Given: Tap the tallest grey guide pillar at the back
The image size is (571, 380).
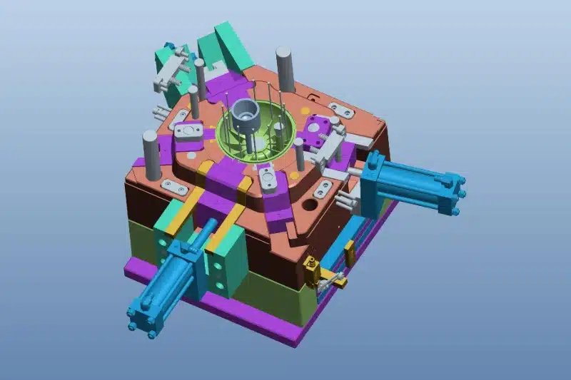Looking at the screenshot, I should point(283,68).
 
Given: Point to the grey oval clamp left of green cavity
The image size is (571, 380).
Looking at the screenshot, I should point(189,133).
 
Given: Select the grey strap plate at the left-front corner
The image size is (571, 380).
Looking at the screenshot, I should point(174,188).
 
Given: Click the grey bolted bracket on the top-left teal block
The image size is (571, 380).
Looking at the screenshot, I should point(171,71).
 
